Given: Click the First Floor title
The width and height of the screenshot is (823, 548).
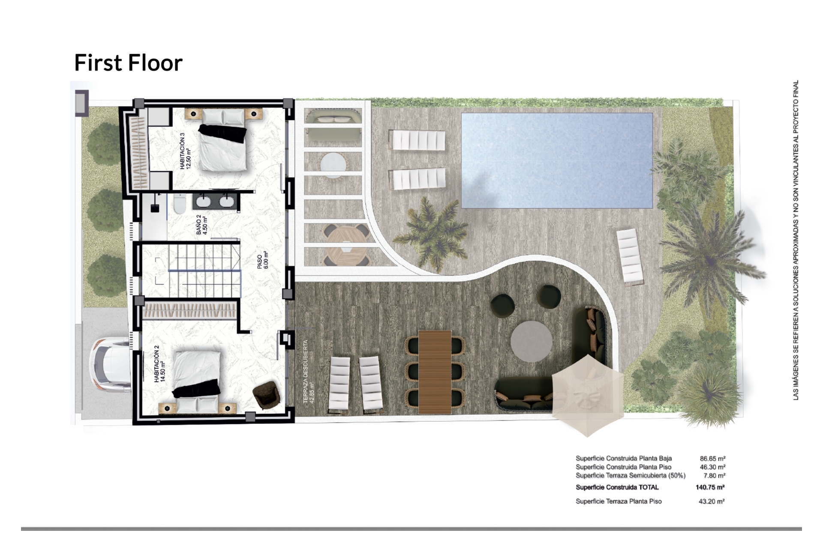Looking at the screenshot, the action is tap(129, 63).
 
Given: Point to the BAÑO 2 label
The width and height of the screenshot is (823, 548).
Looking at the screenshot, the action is tap(202, 224).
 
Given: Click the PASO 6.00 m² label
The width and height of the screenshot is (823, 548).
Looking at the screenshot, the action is tap(263, 262).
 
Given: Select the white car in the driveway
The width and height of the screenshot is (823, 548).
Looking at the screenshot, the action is tap(110, 364).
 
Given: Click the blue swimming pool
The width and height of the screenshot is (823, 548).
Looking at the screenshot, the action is tap(557, 161).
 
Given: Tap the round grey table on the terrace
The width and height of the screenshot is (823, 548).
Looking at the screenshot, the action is tap(531, 342).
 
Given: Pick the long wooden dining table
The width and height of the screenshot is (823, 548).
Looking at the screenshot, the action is tap(435, 372).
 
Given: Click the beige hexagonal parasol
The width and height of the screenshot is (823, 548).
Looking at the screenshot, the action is tap(588, 396).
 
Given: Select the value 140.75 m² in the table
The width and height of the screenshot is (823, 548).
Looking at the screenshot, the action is tap(710, 487).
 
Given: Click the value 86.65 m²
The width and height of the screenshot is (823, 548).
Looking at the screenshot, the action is tap(712, 459).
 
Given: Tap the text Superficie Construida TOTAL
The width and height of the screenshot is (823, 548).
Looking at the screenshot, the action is tap(617, 487).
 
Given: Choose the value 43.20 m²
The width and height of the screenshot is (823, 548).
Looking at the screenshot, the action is tap(712, 501).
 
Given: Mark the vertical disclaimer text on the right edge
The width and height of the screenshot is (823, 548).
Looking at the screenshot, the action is tap(796, 240).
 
